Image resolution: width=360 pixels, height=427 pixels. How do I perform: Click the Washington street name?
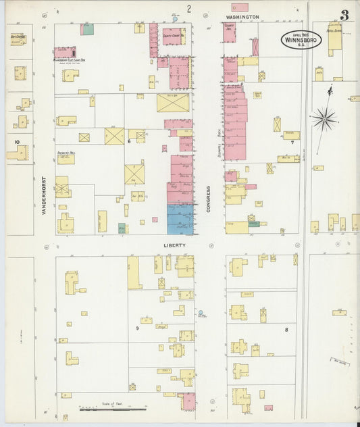[x=242, y=16]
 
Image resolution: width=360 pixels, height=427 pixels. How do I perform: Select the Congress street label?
[x=209, y=199]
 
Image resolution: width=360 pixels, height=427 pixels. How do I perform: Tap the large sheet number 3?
[x=344, y=15]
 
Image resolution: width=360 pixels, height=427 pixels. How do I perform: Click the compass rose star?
[x=325, y=119]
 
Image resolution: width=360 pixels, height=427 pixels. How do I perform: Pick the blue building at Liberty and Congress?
[x=180, y=220]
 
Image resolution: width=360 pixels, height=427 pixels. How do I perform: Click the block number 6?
[x=128, y=142]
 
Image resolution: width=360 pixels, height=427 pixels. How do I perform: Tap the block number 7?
[x=292, y=143]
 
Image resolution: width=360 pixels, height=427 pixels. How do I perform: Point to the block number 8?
[x=286, y=329]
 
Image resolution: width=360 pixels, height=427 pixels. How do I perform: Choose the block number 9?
[x=136, y=328]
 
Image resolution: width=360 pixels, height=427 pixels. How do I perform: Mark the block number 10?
[x=16, y=141]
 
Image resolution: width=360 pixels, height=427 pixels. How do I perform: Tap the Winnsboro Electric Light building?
[x=65, y=52]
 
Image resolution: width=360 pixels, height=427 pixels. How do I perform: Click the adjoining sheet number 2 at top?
[x=189, y=9]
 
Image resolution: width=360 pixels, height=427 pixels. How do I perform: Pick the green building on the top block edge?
[x=87, y=29]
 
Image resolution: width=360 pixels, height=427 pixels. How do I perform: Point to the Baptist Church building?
[x=18, y=39]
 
